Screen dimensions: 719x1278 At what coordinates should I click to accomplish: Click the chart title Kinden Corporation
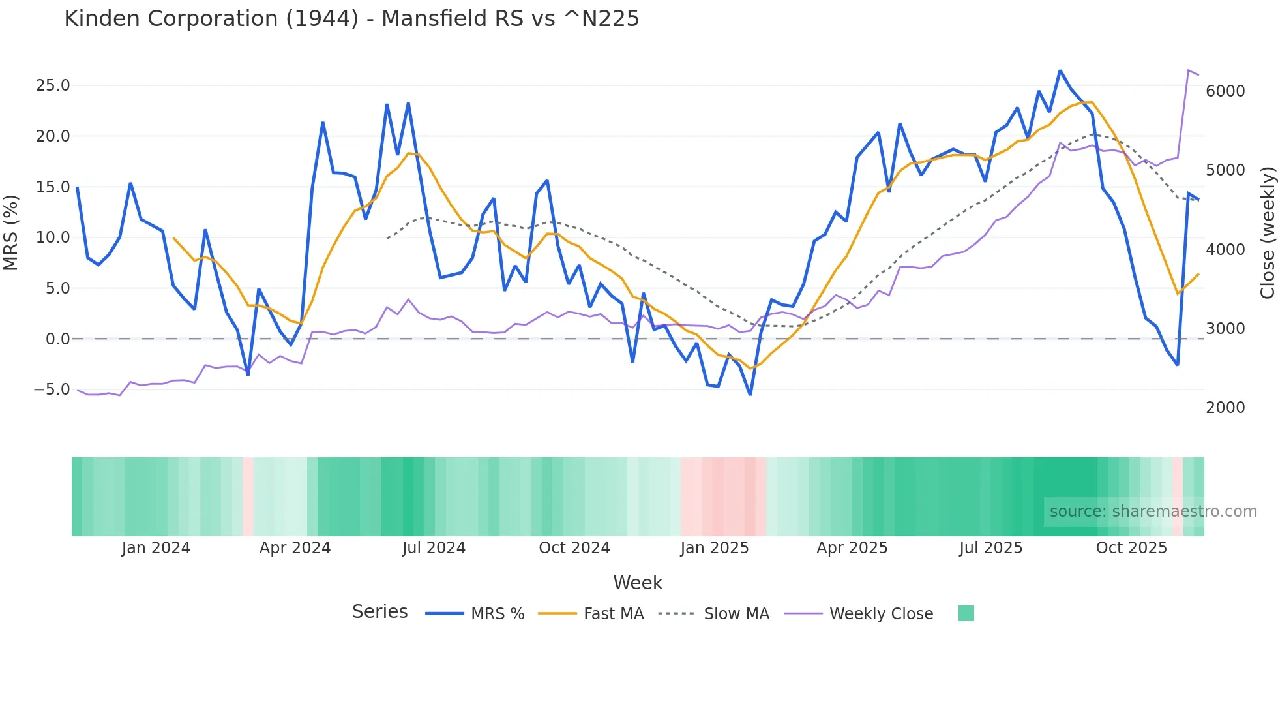pos(351,19)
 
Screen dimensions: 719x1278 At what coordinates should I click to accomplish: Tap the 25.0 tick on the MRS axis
pos(52,85)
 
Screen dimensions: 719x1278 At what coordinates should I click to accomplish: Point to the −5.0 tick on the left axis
pos(52,390)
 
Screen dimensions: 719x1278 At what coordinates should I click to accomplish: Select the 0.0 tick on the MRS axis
pos(57,339)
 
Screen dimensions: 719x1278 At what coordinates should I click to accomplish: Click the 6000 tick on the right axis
pos(1225,91)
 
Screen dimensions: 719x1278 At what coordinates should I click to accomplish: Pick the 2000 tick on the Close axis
pos(1225,408)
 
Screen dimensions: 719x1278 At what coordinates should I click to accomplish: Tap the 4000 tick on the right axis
pos(1225,250)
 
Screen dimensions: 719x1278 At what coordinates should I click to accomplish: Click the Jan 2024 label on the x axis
pos(156,548)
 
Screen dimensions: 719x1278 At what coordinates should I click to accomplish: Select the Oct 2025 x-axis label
pos(1131,548)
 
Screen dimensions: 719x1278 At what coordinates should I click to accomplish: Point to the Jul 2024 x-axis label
pos(434,548)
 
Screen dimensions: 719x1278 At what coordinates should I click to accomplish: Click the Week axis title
pos(638,583)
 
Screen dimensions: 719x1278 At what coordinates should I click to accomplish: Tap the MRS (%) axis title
pos(11,232)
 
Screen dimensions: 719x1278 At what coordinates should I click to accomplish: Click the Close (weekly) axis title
pos(1267,232)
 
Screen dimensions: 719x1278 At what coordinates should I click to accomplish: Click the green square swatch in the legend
pos(966,613)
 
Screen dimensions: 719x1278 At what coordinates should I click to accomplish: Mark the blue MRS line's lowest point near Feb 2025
pos(750,395)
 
